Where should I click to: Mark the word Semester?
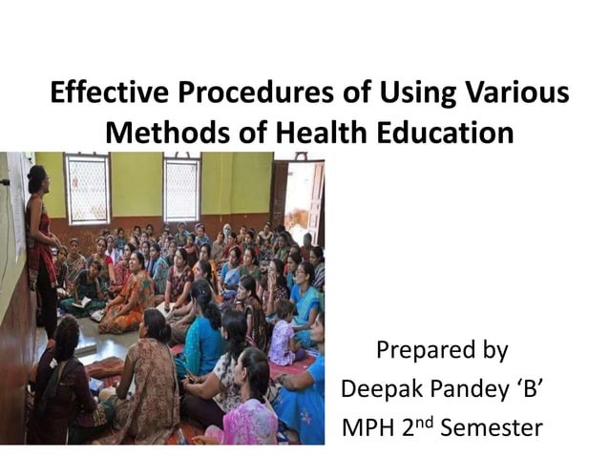[495, 426]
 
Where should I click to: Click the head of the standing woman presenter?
[36, 178]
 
